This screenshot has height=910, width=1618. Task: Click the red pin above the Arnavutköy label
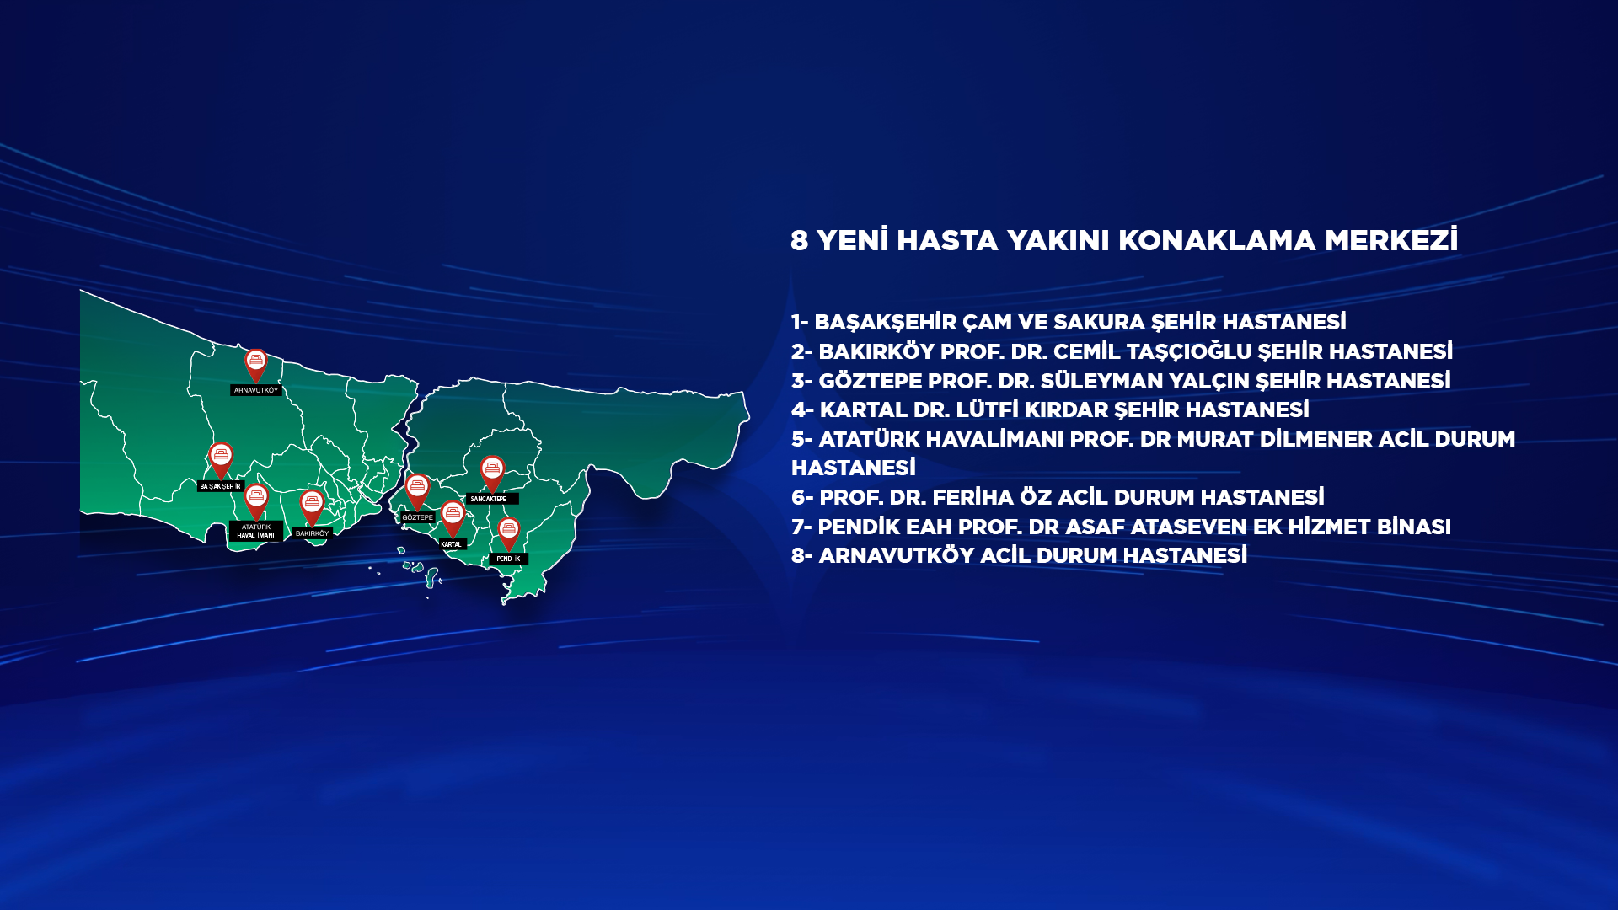256,366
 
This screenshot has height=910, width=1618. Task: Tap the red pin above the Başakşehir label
221,460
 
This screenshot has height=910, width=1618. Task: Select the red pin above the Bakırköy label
312,508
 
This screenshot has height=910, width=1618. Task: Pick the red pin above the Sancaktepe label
492,474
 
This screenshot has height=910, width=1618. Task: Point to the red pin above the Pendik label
509,534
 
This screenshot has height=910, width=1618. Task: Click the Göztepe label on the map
417,517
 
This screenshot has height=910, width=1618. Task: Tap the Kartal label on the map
452,544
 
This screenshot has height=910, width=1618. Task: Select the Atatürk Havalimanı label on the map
256,531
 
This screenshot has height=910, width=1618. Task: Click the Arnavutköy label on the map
256,390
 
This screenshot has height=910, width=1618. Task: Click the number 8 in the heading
800,241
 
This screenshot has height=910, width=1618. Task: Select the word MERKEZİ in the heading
1391,240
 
